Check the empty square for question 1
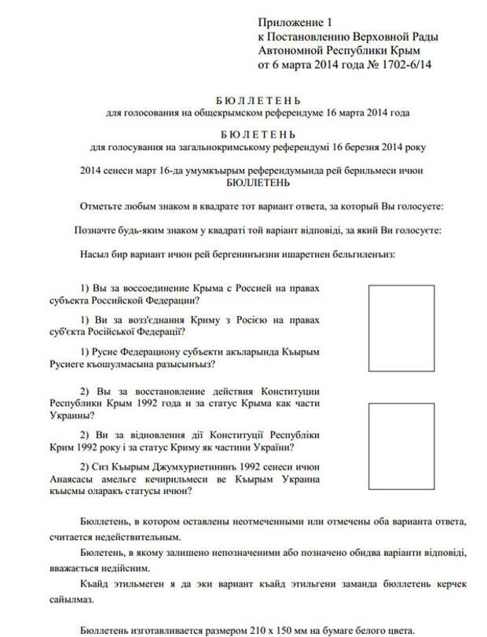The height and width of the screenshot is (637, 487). click(401, 328)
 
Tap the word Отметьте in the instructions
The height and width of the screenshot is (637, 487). click(103, 207)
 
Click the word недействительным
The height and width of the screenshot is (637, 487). click(134, 537)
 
